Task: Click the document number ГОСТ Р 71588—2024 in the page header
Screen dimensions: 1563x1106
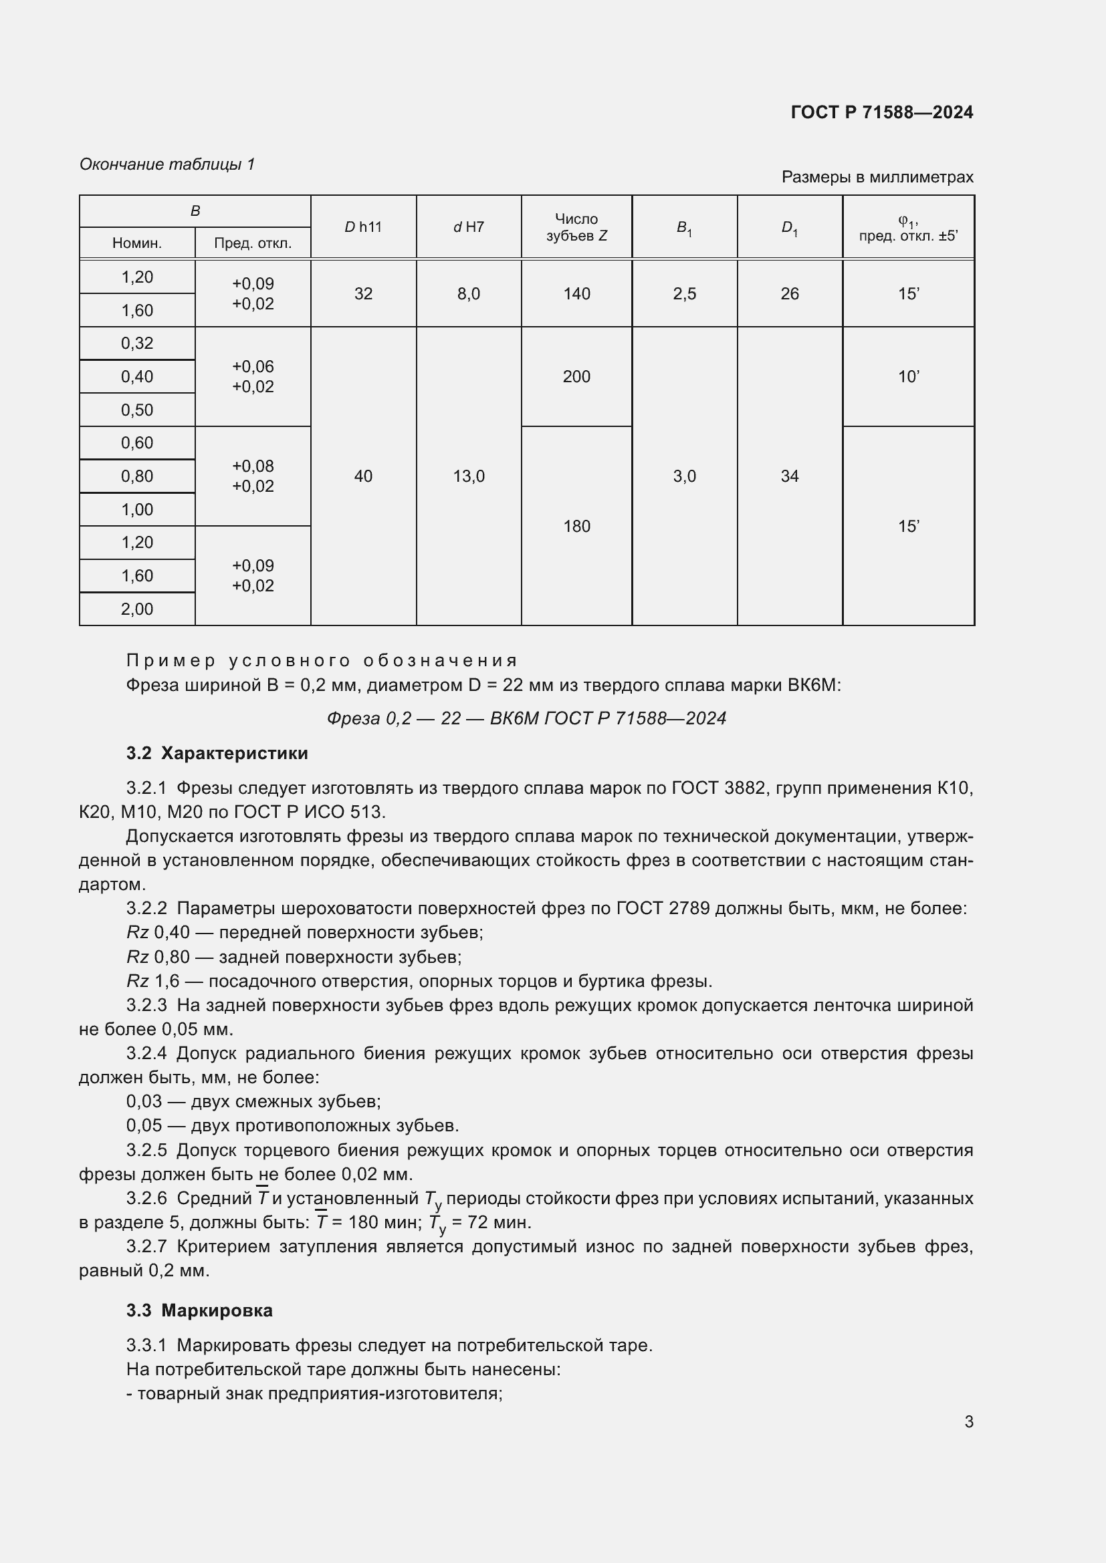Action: click(881, 112)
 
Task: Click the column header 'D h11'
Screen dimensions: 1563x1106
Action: click(363, 227)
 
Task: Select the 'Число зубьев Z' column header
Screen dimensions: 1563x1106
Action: click(576, 227)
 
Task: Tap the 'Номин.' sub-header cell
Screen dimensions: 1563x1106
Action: click(137, 243)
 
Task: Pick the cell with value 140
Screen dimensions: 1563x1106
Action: click(576, 293)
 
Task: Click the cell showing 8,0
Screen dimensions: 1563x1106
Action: click(469, 293)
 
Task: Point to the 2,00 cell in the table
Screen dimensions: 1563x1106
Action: click(137, 609)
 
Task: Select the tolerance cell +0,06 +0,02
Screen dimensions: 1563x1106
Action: click(253, 376)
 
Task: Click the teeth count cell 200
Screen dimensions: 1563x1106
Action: click(576, 376)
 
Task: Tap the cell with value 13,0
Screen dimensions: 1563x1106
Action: click(469, 476)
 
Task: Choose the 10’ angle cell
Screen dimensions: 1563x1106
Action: click(908, 376)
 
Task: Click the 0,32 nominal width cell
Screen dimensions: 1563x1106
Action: click(137, 343)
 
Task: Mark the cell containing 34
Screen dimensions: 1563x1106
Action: click(789, 476)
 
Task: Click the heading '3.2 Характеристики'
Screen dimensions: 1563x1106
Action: click(217, 753)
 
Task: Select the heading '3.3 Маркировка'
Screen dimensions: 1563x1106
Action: click(199, 1310)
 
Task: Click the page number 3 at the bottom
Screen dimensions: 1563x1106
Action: click(968, 1421)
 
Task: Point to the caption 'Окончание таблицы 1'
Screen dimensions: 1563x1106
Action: click(167, 164)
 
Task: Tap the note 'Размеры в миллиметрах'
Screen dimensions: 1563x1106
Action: click(877, 177)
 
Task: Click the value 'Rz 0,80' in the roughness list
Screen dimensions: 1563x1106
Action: click(158, 956)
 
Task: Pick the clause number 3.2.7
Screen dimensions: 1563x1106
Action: click(146, 1246)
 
